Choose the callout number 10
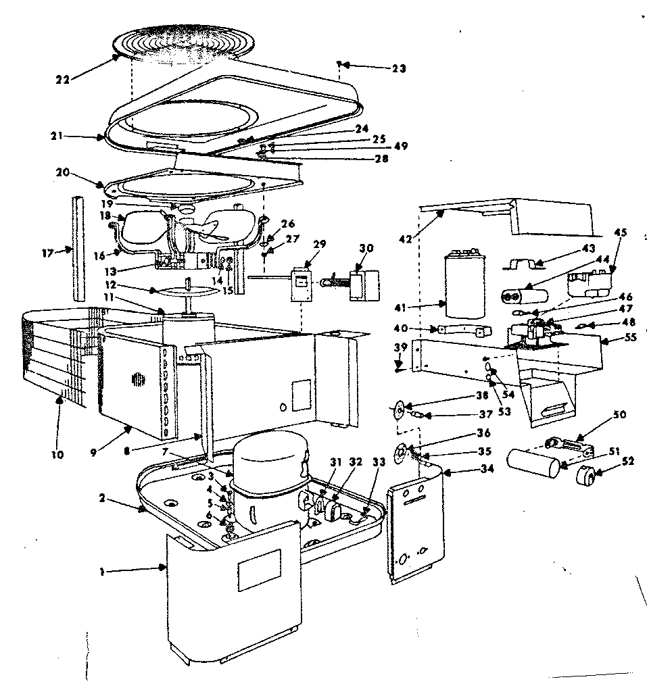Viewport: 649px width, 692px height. pyautogui.click(x=57, y=455)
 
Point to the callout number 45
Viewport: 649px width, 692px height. pyautogui.click(x=620, y=232)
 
